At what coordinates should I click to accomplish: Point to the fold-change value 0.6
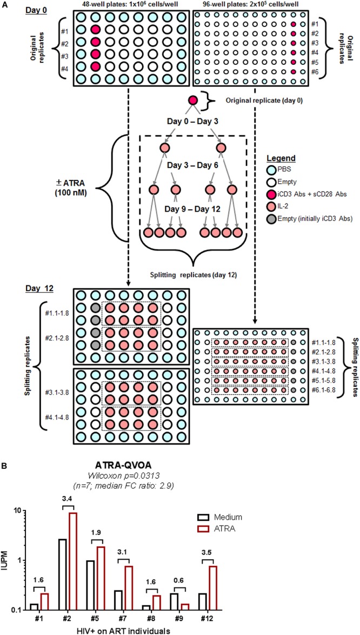coord(252,580)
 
